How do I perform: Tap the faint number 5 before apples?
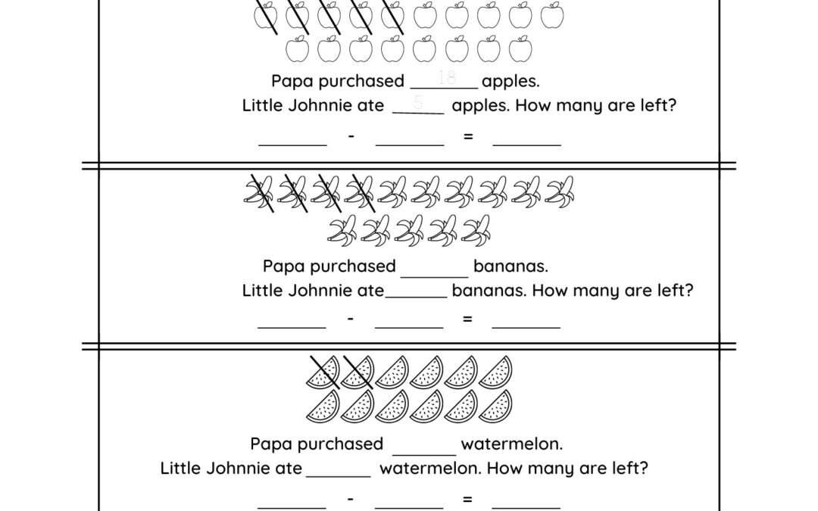418,102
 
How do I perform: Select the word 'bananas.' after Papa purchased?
510,266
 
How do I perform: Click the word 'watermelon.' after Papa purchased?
511,444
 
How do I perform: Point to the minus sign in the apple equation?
351,136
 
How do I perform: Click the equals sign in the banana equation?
467,319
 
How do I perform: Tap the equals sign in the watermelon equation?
467,499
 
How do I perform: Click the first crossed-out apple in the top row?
265,15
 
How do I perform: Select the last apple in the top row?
553,15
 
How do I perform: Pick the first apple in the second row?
297,49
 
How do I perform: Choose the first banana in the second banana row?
342,230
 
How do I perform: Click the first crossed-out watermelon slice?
323,372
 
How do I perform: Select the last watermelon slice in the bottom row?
495,407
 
